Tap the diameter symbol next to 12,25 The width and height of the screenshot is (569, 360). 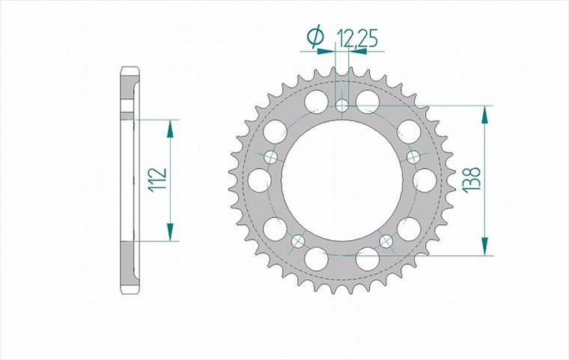point(316,36)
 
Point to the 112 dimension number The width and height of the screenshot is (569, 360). point(157,179)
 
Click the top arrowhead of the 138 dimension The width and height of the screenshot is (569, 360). point(485,115)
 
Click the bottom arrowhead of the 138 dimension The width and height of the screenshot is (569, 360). point(485,246)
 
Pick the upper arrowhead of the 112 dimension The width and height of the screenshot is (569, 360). point(170,129)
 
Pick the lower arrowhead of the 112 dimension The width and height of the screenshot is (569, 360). point(170,232)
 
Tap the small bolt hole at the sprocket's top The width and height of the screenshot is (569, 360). point(342,106)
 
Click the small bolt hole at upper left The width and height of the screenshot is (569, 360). point(271,157)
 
